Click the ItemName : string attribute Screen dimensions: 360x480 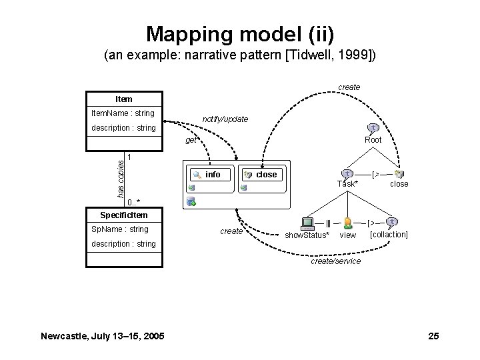coord(123,113)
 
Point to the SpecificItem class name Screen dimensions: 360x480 coord(123,215)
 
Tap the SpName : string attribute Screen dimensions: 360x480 coord(120,229)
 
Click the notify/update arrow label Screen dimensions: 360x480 coord(225,119)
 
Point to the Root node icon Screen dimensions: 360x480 coord(374,128)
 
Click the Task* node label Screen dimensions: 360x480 coord(347,183)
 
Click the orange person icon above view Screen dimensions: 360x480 coord(348,223)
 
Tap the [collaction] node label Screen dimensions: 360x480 coord(389,235)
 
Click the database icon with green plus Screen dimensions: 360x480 coord(191,201)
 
